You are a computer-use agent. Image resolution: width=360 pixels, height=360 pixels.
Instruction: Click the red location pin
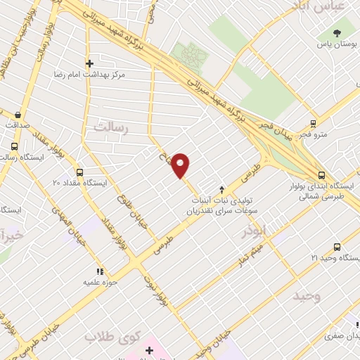point(181,165)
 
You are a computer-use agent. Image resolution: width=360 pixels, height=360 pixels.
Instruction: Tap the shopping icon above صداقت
point(17,113)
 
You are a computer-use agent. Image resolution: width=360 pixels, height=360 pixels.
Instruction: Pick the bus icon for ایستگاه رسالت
point(15,147)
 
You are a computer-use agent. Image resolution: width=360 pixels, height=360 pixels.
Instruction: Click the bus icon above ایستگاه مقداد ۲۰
point(78,171)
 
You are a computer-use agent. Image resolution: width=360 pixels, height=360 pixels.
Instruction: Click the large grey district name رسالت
point(112,127)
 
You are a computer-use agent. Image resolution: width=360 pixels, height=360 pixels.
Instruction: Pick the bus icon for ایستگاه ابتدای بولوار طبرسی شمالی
point(321,175)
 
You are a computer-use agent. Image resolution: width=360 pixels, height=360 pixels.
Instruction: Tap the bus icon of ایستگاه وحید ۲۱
point(337,247)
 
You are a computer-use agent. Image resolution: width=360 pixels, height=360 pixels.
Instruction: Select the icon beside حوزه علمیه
point(100,271)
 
